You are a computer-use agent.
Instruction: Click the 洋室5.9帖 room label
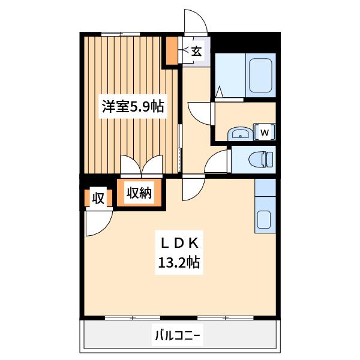pos(133,106)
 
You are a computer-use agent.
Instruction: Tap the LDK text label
pos(179,244)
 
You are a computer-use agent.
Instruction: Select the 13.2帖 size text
pos(179,262)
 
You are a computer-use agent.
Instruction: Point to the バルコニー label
pos(178,337)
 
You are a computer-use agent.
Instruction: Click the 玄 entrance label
pos(196,52)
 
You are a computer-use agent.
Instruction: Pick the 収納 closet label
pos(139,193)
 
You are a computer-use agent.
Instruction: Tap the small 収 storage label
pos(98,198)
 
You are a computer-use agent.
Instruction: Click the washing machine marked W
pos(264,132)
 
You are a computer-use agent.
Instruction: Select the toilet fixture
pos(261,159)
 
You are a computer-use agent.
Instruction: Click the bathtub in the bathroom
pos(261,76)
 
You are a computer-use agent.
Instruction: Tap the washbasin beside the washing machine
pos(240,134)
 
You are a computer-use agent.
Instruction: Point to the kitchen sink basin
pos(264,220)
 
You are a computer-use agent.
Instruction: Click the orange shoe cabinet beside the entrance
pos(172,50)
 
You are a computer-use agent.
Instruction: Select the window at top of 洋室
pos(121,34)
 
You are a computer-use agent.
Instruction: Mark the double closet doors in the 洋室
pos(142,166)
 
